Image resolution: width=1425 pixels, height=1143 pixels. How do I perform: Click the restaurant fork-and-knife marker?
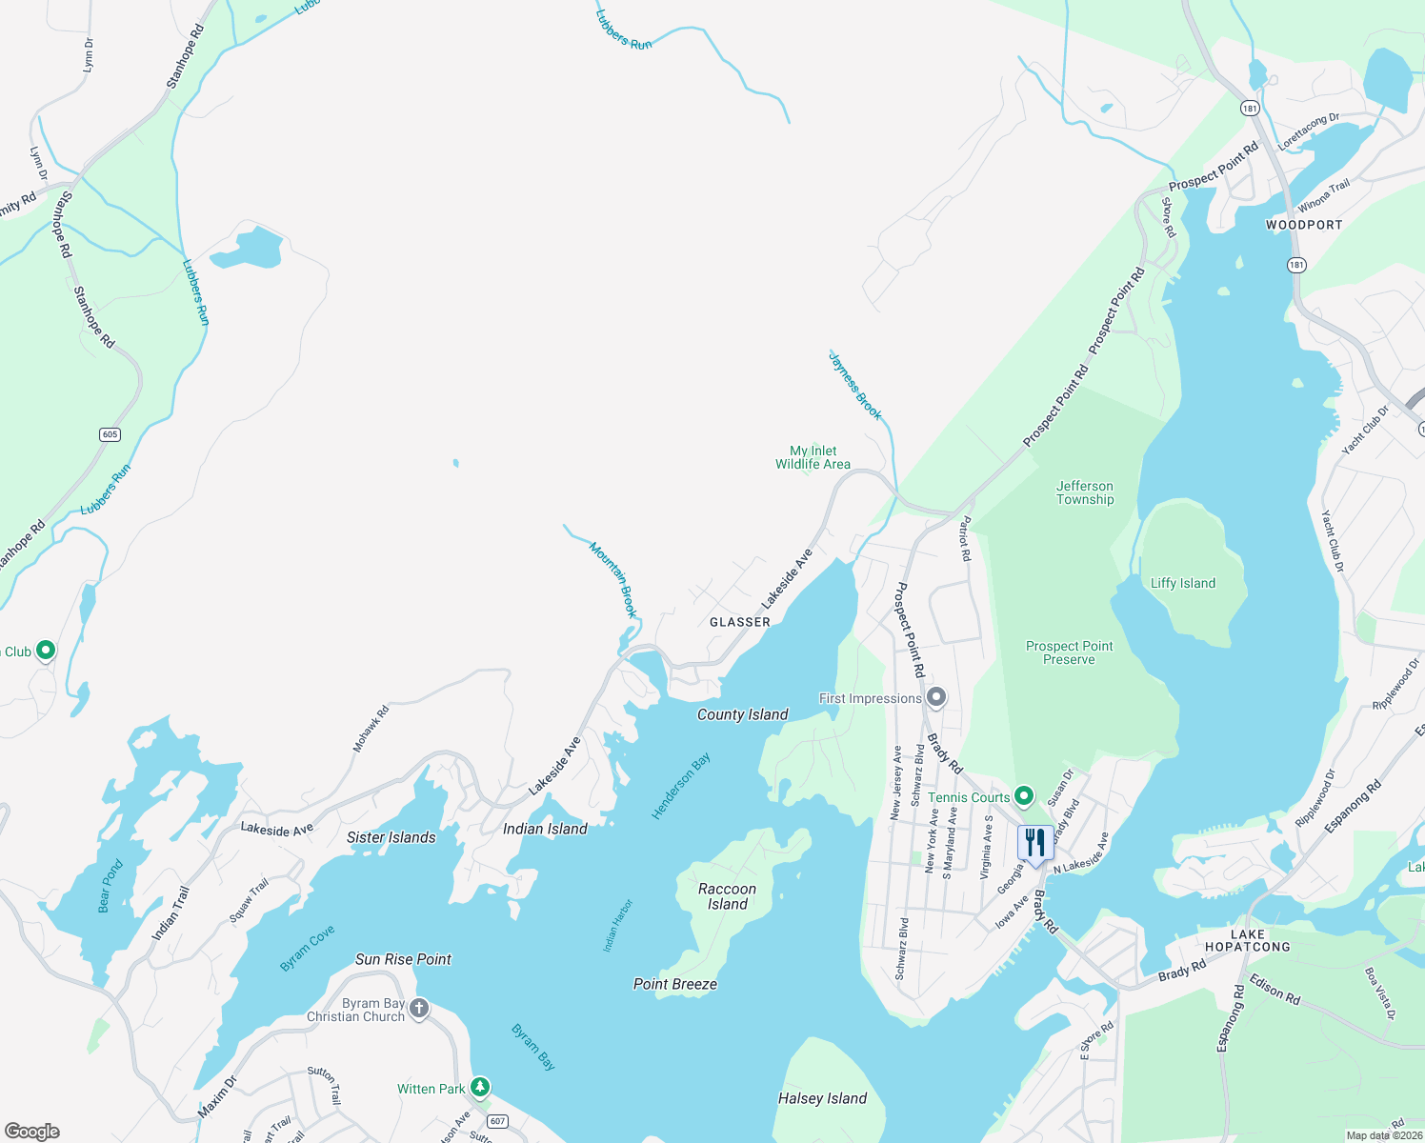pyautogui.click(x=1034, y=842)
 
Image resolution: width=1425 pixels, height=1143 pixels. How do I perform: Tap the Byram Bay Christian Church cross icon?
pyautogui.click(x=419, y=1008)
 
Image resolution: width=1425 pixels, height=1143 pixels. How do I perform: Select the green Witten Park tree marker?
pyautogui.click(x=481, y=1087)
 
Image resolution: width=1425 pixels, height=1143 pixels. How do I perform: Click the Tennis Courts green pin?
pyautogui.click(x=1024, y=795)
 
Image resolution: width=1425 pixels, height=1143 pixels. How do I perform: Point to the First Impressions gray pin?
pyautogui.click(x=936, y=697)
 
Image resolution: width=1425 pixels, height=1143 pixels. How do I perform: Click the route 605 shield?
pyautogui.click(x=110, y=434)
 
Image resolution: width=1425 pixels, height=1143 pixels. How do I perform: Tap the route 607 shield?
pyautogui.click(x=497, y=1121)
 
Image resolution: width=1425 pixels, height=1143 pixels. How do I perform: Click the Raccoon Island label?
pyautogui.click(x=727, y=896)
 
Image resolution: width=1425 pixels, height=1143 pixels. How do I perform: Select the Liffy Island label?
pyautogui.click(x=1183, y=583)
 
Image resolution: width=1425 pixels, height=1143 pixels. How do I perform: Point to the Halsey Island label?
pyautogui.click(x=822, y=1098)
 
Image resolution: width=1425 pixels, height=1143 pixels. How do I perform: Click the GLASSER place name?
pyautogui.click(x=740, y=622)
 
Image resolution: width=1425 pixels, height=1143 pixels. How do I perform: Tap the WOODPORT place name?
pyautogui.click(x=1303, y=225)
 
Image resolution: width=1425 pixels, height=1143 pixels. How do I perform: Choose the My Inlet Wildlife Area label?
pyautogui.click(x=813, y=457)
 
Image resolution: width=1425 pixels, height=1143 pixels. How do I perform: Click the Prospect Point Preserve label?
pyautogui.click(x=1069, y=652)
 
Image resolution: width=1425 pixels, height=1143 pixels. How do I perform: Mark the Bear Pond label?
pyautogui.click(x=110, y=886)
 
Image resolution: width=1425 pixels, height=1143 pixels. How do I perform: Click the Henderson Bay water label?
pyautogui.click(x=680, y=786)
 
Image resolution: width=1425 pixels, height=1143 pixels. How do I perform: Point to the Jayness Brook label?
pyautogui.click(x=855, y=386)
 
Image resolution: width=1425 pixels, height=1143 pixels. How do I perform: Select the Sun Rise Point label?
pyautogui.click(x=403, y=959)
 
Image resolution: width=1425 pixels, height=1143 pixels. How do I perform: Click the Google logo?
pyautogui.click(x=31, y=1132)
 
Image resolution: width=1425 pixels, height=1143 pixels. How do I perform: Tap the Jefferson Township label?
pyautogui.click(x=1084, y=492)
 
